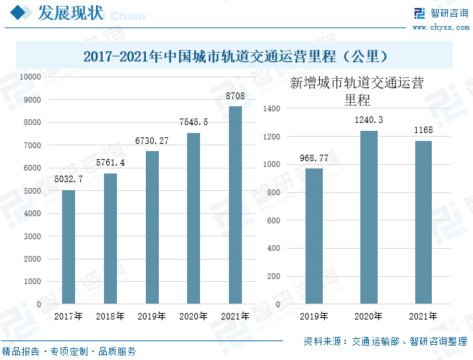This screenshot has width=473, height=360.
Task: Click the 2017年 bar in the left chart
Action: [69, 247]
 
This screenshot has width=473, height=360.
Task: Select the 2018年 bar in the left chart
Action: [110, 239]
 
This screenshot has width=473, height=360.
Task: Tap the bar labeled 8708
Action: [235, 205]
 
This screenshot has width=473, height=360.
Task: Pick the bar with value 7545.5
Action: [194, 218]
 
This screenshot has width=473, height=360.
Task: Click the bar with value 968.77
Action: [314, 236]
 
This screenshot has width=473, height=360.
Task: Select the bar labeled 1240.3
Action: [369, 218]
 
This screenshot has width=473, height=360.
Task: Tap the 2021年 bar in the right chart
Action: [423, 223]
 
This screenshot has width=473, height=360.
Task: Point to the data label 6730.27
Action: [152, 140]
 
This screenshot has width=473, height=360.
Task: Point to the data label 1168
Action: [423, 129]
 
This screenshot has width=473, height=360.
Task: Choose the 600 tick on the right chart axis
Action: [273, 220]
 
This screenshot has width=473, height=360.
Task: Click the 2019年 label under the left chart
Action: [152, 316]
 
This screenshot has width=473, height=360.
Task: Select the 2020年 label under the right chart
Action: [369, 316]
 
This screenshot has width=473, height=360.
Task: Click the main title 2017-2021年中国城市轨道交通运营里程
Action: [236, 56]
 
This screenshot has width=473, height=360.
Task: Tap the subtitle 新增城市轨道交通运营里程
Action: [356, 91]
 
